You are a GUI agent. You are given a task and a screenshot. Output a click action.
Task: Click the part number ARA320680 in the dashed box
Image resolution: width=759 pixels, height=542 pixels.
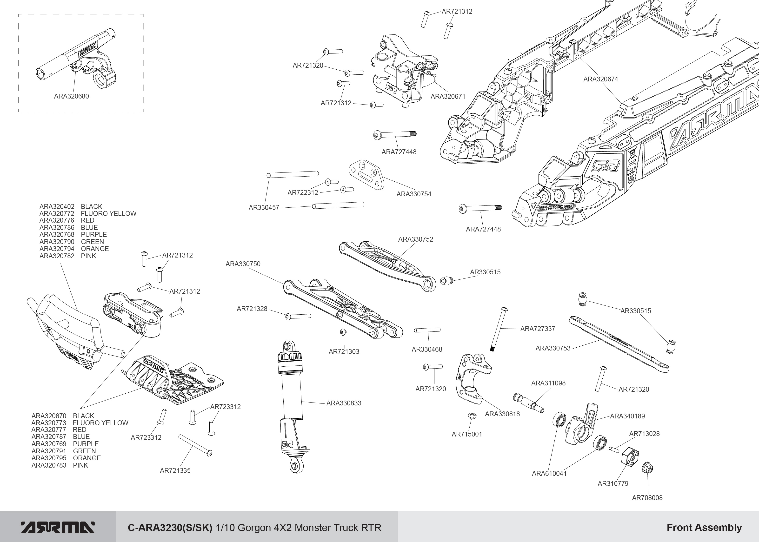(71, 96)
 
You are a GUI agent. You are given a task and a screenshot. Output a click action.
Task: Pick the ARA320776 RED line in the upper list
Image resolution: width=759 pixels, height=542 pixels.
(67, 220)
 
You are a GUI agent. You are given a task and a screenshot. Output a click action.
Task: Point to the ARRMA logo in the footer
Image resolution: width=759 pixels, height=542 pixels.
(57, 527)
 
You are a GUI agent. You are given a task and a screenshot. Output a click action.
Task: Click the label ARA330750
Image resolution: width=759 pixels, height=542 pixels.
(243, 264)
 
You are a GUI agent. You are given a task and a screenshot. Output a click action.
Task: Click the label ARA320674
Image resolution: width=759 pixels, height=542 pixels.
(600, 79)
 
